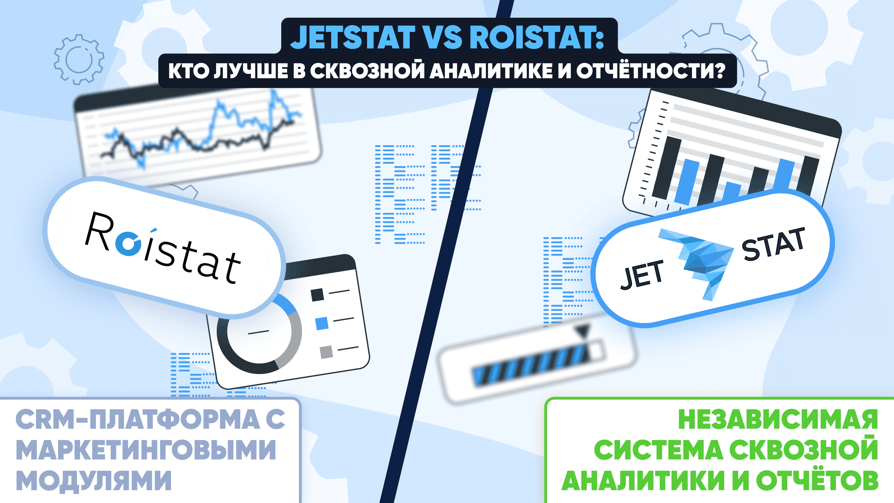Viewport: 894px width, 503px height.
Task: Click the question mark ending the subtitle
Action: [x=719, y=70]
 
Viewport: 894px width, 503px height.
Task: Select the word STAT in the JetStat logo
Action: [x=773, y=244]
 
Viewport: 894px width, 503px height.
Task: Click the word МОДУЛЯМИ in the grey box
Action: [x=94, y=480]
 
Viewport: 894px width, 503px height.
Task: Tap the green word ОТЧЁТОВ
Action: [x=817, y=480]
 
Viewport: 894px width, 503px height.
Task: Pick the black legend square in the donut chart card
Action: [x=317, y=295]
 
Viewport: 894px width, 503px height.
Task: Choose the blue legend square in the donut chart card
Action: [x=322, y=324]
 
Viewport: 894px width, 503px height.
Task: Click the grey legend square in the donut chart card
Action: [x=326, y=352]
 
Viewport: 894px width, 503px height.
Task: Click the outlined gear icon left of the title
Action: [x=79, y=59]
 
